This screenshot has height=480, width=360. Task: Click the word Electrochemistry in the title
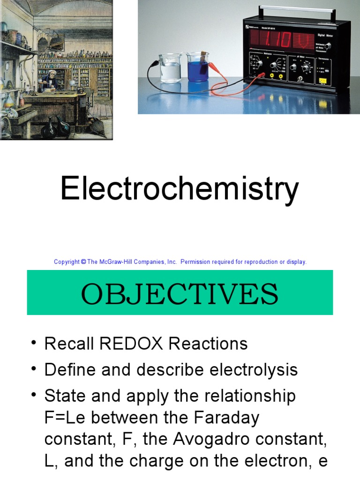pyautogui.click(x=180, y=189)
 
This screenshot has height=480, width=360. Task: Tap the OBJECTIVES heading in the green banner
pyautogui.click(x=180, y=294)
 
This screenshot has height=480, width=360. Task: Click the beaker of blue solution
pyautogui.click(x=197, y=69)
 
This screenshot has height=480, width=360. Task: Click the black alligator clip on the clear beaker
pyautogui.click(x=156, y=63)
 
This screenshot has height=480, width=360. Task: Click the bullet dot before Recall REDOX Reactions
pyautogui.click(x=33, y=344)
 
